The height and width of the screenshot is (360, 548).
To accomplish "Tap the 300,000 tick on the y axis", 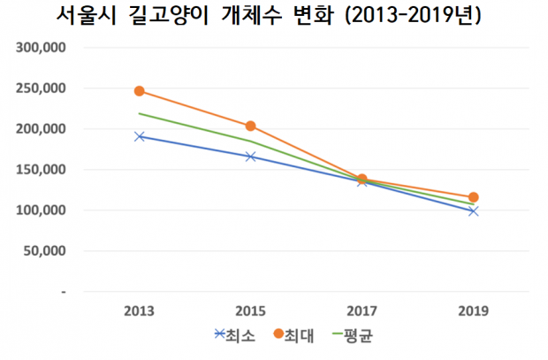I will [x=42, y=48].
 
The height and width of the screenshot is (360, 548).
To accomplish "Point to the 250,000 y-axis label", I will [x=42, y=88].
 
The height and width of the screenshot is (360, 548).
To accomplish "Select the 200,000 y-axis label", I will [x=42, y=129].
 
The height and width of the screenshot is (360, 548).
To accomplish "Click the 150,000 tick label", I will [x=42, y=170].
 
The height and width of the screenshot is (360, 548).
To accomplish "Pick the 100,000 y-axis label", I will [x=42, y=211].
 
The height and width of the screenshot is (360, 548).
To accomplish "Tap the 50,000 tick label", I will [x=46, y=251].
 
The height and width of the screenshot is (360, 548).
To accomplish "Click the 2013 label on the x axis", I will [x=140, y=311].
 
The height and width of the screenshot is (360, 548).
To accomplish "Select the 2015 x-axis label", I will [x=251, y=311].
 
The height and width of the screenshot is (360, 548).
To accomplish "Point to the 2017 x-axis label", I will [x=362, y=311].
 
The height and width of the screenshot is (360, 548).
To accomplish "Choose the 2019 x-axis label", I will [x=474, y=311].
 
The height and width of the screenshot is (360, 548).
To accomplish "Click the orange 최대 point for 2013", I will [x=140, y=91].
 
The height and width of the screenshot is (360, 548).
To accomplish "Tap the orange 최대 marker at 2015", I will [x=251, y=126].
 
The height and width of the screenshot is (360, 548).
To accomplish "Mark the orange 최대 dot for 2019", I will [x=474, y=197].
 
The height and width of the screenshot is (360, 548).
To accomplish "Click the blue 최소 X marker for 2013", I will [x=140, y=136].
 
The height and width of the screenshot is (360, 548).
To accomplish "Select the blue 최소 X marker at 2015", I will [x=251, y=157].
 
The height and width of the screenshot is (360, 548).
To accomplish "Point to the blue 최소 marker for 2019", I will [x=474, y=211].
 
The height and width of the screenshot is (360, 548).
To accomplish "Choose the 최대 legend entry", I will [x=292, y=335].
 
